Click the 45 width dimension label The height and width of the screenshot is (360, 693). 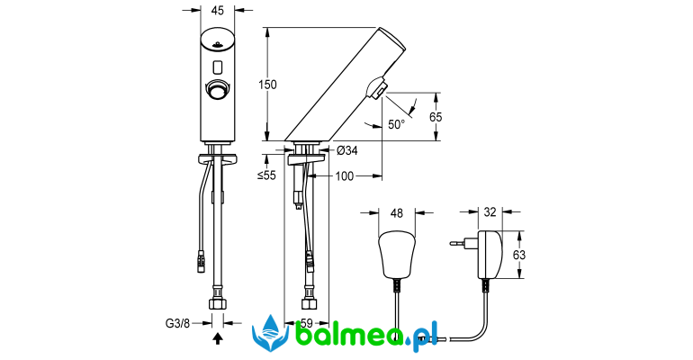218,10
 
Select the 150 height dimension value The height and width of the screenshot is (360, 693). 267,84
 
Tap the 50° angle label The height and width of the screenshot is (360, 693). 396,124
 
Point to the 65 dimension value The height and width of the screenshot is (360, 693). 436,117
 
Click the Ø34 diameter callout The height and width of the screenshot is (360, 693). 346,150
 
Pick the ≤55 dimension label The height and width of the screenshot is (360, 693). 266,175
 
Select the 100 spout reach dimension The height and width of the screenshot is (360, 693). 345,176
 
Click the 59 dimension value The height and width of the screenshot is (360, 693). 306,323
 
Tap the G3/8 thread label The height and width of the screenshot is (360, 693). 177,323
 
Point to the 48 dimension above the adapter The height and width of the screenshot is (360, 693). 397,213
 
